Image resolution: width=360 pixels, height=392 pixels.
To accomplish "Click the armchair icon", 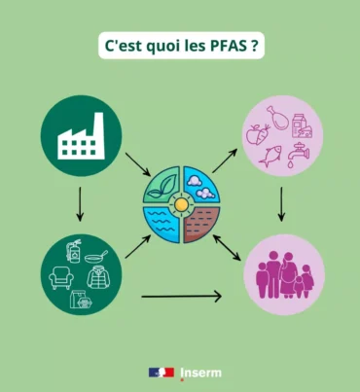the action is coord(63,280).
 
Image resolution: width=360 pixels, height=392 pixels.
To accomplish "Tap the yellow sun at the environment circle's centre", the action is coord(179,205).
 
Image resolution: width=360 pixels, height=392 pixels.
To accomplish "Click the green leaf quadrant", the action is coord(162,188).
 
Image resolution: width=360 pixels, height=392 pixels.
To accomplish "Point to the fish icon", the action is coord(270,153).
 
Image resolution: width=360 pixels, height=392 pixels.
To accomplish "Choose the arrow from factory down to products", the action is coord(81,202).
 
